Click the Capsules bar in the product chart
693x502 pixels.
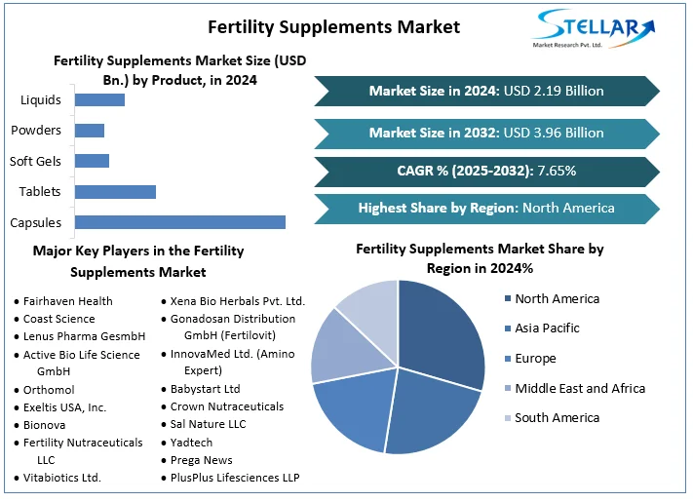(x=180, y=222)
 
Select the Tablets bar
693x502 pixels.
(x=115, y=191)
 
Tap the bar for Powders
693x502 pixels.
(x=90, y=131)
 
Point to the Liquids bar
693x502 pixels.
(x=99, y=99)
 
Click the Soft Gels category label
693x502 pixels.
(x=35, y=161)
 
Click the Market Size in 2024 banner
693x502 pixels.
(x=486, y=91)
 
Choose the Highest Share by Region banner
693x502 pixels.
(x=486, y=208)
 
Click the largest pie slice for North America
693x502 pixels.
(x=443, y=331)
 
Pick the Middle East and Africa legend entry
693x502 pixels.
(x=580, y=388)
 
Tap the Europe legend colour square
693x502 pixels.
(x=507, y=359)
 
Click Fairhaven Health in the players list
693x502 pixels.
(x=67, y=301)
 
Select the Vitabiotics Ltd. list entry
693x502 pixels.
(x=62, y=478)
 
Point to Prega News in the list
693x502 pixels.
(x=201, y=460)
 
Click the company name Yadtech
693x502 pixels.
(x=192, y=442)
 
